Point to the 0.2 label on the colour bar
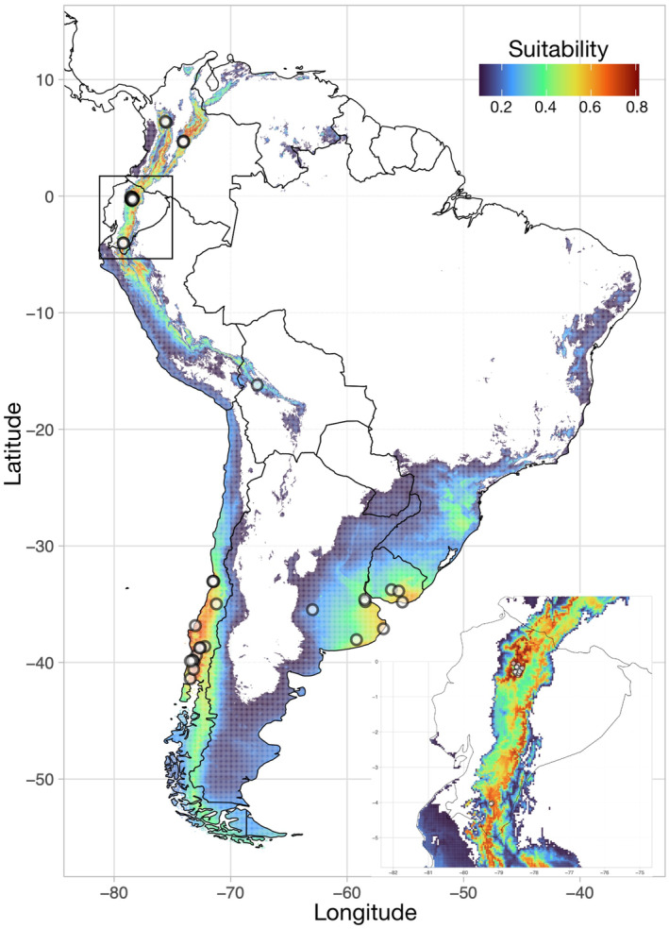(500, 106)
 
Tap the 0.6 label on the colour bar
(591, 106)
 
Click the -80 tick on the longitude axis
(113, 888)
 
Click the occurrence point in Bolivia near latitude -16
(257, 385)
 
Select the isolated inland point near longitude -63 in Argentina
(312, 609)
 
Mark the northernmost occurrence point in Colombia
(166, 121)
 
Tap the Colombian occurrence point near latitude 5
(183, 141)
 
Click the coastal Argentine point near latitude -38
(357, 639)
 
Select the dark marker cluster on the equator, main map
(132, 198)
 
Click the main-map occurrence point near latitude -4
(124, 244)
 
